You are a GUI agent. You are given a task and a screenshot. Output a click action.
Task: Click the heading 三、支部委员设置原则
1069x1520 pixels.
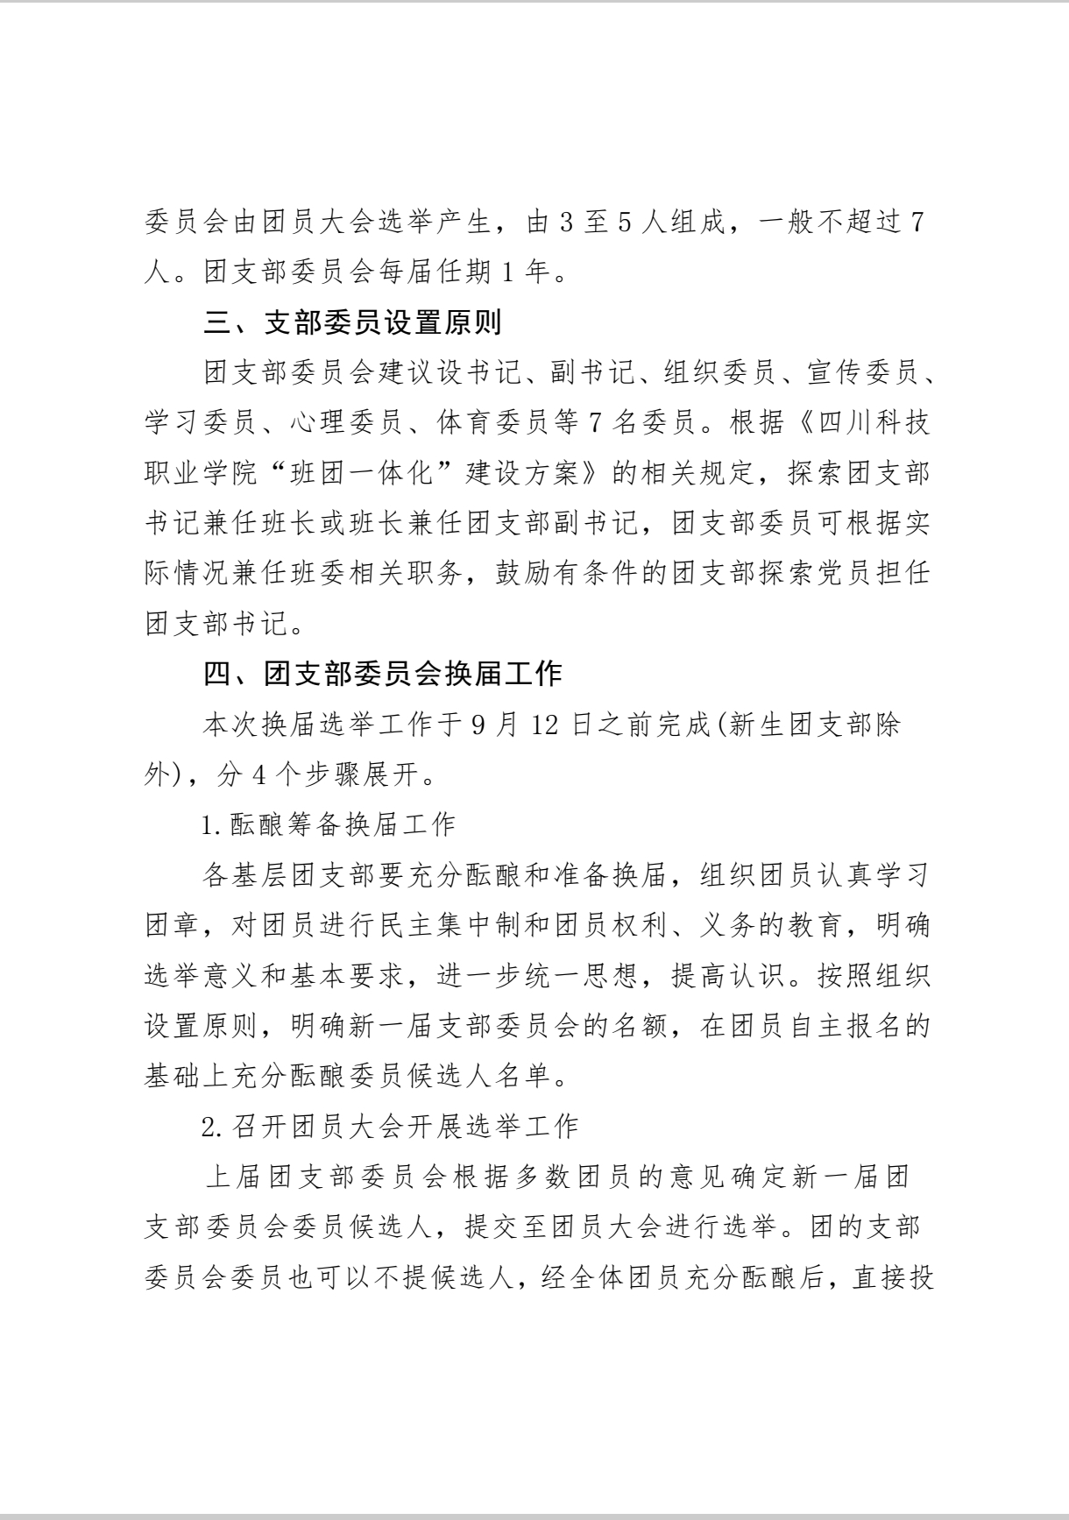[x=352, y=323]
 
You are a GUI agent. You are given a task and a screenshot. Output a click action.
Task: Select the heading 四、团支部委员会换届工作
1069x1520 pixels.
[x=382, y=674]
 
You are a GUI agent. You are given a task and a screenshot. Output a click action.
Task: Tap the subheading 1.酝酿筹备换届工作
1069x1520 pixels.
[x=329, y=824]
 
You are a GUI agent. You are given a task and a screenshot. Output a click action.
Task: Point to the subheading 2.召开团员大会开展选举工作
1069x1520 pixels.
[x=390, y=1126]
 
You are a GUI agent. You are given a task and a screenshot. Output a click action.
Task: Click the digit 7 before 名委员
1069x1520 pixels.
[x=595, y=423]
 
